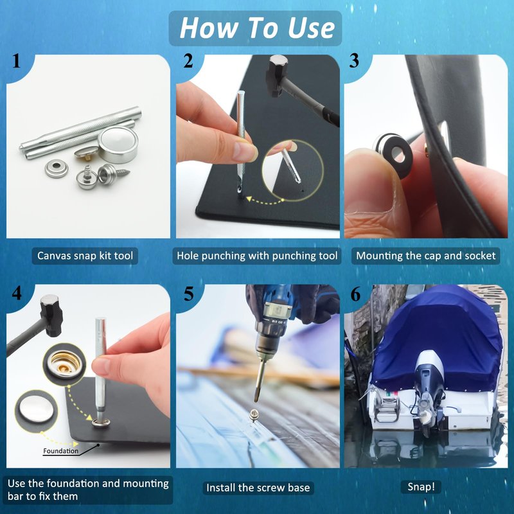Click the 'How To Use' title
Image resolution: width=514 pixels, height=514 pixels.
[x=257, y=28]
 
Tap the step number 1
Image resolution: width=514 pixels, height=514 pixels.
[x=17, y=61]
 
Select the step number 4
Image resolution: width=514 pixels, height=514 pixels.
[x=17, y=293]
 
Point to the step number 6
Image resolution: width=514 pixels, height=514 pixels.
[x=356, y=294]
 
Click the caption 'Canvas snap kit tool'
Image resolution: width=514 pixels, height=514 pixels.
[x=85, y=256]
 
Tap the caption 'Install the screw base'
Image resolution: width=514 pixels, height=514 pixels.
[x=258, y=488]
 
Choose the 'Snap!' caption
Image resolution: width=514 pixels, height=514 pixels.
[x=421, y=487]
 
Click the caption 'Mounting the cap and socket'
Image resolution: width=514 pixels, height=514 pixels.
[x=426, y=256]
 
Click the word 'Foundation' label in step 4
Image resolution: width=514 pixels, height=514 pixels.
[x=60, y=451]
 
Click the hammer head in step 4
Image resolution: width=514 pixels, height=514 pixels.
[x=51, y=315]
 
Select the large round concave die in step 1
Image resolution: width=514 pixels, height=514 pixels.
[x=118, y=144]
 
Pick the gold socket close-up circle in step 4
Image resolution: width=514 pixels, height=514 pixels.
[x=64, y=363]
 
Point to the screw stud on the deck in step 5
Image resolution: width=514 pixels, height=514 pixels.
[x=253, y=415]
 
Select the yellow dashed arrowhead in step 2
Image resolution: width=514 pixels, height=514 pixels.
[x=250, y=199]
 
